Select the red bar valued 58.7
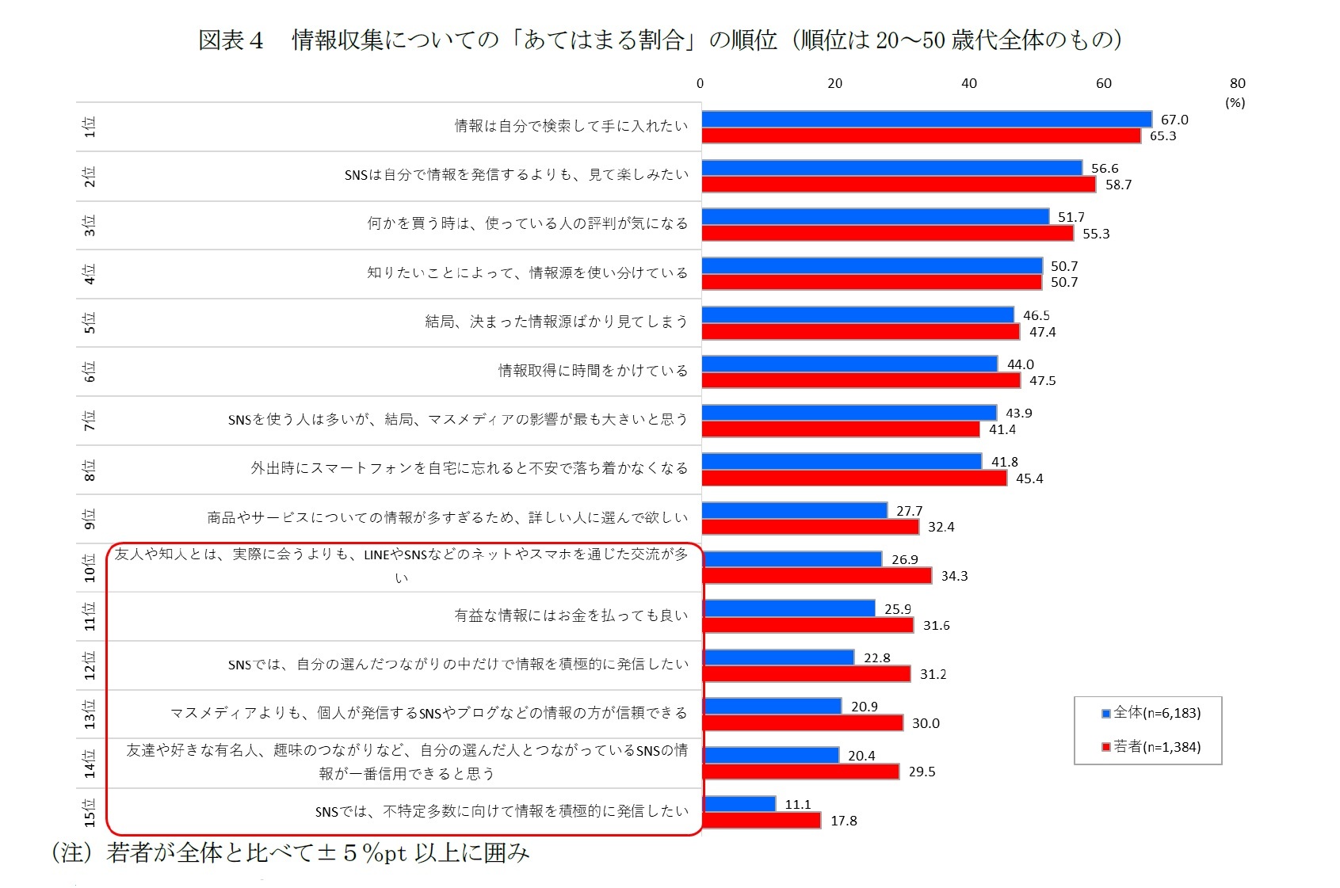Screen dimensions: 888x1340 click(898, 185)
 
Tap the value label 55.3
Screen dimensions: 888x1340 click(1096, 234)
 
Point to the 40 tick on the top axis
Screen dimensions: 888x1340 click(969, 83)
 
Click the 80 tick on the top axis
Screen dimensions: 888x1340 click(1237, 83)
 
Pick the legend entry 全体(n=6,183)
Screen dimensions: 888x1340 click(1151, 713)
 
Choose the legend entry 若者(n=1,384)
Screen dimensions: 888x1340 click(1151, 747)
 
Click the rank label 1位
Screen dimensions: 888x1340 click(89, 127)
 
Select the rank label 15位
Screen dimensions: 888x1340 click(89, 812)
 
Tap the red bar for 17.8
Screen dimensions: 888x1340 click(761, 821)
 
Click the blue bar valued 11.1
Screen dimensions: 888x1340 click(739, 804)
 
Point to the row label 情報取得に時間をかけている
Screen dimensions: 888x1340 click(593, 371)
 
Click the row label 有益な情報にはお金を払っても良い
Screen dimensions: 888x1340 click(571, 616)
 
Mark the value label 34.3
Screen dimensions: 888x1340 click(954, 576)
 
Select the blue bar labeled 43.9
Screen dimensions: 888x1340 click(849, 413)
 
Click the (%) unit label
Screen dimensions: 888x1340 click(1235, 103)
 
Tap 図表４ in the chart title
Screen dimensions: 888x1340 click(231, 40)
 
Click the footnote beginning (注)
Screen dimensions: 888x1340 click(290, 853)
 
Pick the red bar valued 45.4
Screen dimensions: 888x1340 click(853, 478)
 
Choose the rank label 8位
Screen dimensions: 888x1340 click(89, 470)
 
